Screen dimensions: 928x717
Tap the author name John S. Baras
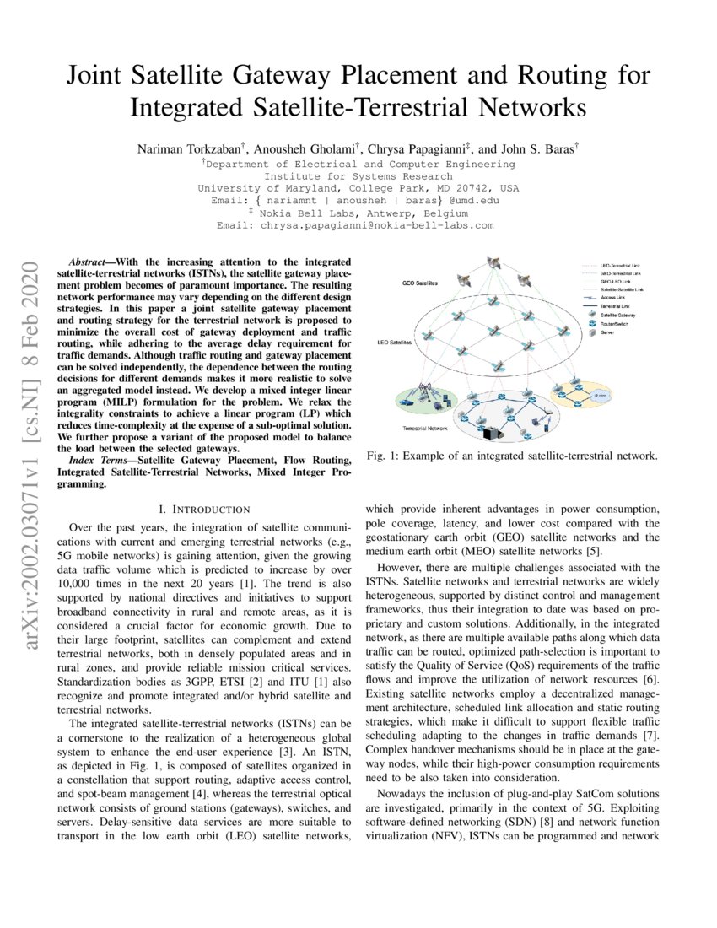pyautogui.click(x=538, y=148)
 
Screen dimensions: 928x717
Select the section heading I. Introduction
pyautogui.click(x=204, y=509)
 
